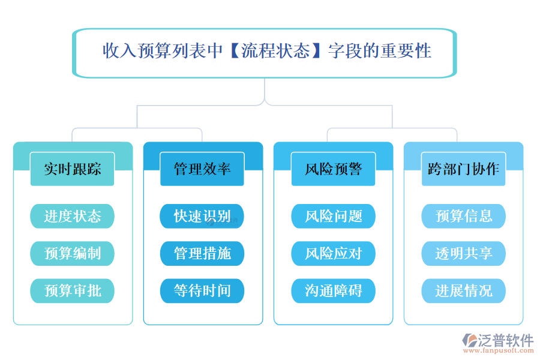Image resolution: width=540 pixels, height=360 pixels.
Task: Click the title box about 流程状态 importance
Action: click(x=265, y=52)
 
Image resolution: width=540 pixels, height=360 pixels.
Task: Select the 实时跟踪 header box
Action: click(x=72, y=169)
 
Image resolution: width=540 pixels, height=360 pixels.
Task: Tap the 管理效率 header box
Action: click(x=202, y=169)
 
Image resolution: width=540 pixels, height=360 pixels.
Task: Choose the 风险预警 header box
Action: click(x=333, y=169)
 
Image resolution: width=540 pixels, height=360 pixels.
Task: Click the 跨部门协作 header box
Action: click(x=463, y=169)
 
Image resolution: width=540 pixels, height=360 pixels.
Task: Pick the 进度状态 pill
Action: click(x=72, y=217)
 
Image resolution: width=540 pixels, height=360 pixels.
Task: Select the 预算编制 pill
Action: click(x=72, y=254)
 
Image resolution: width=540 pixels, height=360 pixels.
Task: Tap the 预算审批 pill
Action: click(x=72, y=291)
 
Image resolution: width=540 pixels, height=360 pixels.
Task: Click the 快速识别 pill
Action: click(x=202, y=217)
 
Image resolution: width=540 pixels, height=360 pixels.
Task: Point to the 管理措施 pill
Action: click(x=202, y=254)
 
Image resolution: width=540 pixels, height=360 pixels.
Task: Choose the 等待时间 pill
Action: click(x=202, y=291)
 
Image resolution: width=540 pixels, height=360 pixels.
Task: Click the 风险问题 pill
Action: click(x=333, y=217)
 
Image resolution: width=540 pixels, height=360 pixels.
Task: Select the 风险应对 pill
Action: click(x=333, y=254)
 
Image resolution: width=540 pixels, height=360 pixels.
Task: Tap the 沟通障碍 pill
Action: click(x=333, y=291)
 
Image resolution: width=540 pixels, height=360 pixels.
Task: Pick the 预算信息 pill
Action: click(x=463, y=217)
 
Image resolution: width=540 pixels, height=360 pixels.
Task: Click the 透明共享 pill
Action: click(x=463, y=254)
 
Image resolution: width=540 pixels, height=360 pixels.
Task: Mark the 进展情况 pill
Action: click(x=463, y=291)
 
